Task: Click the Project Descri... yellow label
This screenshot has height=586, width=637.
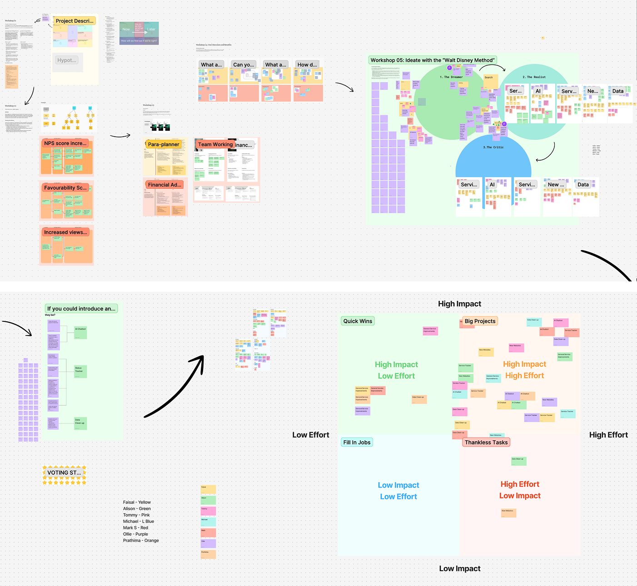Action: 75,21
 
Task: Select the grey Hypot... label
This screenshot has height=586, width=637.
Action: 67,60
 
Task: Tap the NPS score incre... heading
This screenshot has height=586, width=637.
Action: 65,143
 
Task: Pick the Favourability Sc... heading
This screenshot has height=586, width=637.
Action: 65,188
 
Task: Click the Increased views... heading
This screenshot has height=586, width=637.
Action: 65,232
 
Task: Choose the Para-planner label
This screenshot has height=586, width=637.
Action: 164,144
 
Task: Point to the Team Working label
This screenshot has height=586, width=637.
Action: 215,144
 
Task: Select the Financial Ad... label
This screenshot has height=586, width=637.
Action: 164,185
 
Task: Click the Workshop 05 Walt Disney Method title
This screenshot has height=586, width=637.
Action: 432,60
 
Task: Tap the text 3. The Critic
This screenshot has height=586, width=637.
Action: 493,147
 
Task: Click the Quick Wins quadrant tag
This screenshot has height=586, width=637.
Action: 358,321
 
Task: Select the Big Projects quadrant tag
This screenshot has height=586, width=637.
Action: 480,321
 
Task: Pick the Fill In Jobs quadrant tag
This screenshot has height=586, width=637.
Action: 357,442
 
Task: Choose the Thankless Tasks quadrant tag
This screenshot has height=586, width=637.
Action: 486,442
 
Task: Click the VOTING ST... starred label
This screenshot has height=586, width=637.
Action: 64,473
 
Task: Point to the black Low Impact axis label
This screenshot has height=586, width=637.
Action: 460,568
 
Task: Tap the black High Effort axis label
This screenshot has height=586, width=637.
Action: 608,435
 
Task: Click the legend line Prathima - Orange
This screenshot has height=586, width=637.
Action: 141,541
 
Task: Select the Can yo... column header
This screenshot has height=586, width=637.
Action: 244,64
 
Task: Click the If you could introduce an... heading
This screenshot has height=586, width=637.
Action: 81,309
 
